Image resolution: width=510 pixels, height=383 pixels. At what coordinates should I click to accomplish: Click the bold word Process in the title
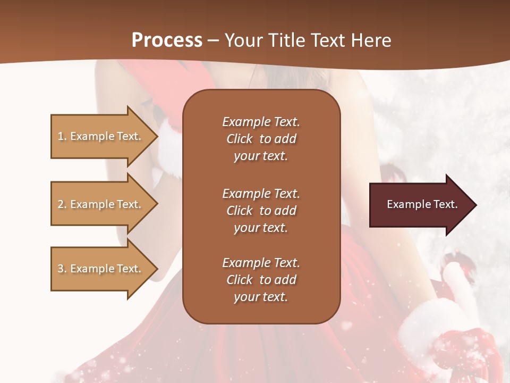(x=167, y=40)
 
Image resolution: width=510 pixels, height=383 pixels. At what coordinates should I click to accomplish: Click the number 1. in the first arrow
(x=62, y=136)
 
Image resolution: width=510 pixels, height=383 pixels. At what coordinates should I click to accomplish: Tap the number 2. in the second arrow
(x=62, y=204)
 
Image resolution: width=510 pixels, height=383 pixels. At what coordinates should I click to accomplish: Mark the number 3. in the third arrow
(x=62, y=269)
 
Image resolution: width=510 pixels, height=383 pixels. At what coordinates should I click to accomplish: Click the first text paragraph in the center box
(x=261, y=139)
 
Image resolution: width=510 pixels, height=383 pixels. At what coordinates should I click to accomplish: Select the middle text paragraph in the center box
(x=261, y=211)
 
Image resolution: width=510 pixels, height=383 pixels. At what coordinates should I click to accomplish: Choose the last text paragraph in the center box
(x=261, y=280)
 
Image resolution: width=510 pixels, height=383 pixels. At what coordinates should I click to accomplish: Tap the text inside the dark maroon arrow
(x=422, y=204)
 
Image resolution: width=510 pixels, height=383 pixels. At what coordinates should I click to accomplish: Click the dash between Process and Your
(x=214, y=40)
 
